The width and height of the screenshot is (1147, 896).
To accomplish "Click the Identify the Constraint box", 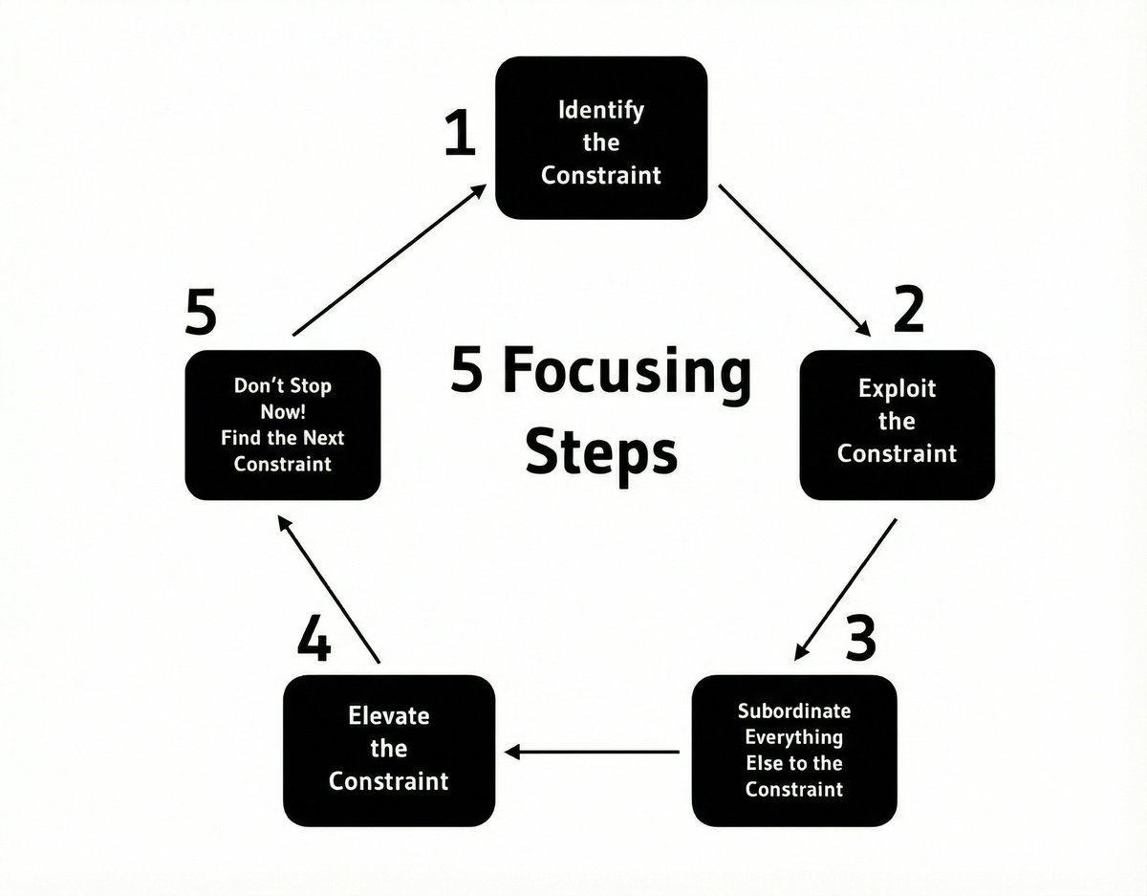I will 600,139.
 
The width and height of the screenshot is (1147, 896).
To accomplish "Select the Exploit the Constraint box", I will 897,424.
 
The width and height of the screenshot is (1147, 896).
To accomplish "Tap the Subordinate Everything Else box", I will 794,751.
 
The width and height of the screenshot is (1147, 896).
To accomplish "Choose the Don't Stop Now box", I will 283,426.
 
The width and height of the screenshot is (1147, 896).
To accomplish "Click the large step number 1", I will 461,135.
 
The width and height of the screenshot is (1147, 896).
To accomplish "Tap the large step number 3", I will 860,639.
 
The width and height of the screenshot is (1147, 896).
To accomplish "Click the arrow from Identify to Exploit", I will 795,259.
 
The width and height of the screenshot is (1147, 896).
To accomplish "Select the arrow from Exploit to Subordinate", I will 846,589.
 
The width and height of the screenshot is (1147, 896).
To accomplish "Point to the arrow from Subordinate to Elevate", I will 593,752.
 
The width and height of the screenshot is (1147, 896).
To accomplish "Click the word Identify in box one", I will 600,109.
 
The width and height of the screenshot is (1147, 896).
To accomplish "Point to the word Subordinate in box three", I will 794,712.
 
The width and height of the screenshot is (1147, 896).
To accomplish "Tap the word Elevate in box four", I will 389,716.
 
